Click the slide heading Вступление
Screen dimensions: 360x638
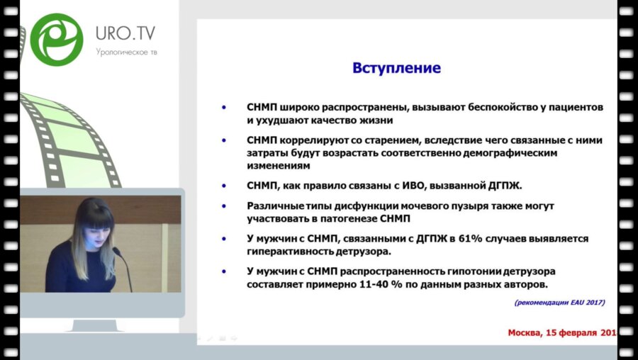[x=396, y=69]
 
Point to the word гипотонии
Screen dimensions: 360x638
[x=474, y=271]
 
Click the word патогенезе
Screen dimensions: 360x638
[x=342, y=219]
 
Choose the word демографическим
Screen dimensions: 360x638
[x=511, y=153]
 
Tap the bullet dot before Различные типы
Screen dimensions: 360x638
[x=225, y=206]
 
